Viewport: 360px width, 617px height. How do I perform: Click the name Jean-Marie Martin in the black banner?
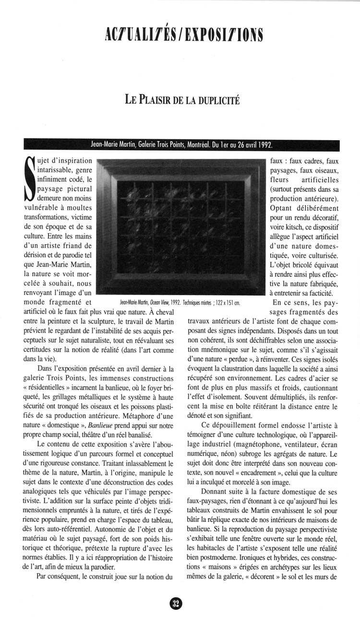(111, 145)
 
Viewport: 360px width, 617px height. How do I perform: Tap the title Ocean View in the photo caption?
(160, 303)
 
